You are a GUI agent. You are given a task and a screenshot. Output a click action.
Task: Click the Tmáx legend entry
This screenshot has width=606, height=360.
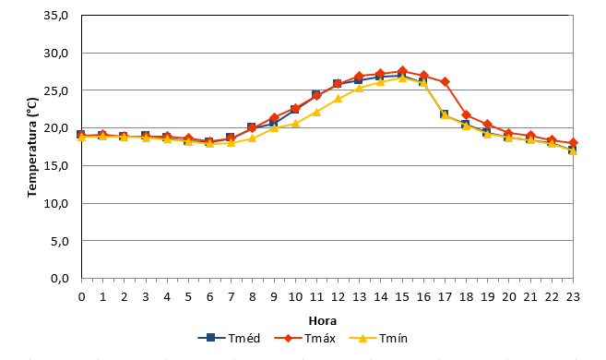point(304,339)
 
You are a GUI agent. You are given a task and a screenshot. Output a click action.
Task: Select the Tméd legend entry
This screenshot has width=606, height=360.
point(229,339)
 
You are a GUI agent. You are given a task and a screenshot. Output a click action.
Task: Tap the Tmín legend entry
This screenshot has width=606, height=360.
point(378,339)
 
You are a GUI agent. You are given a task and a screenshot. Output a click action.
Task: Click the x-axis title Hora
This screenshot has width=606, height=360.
point(322,321)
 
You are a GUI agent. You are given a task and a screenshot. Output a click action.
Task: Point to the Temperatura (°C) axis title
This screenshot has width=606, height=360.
point(32,148)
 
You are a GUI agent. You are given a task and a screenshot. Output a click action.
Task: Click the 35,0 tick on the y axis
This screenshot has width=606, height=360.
point(56,16)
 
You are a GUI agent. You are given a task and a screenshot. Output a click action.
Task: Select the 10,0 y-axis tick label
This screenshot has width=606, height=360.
point(56,203)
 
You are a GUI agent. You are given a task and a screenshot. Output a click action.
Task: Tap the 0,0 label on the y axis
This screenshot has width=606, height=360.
point(60,279)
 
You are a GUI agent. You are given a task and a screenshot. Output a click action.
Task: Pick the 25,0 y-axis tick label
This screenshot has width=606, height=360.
point(56,90)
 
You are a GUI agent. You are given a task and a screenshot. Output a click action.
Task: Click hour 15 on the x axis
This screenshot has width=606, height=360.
point(402,297)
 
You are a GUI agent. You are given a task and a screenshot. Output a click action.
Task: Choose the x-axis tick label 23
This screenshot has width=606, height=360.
point(573,297)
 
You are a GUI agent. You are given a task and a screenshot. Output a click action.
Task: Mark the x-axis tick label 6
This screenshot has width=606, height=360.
point(210,297)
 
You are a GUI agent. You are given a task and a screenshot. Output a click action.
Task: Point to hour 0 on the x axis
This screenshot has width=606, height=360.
point(81,297)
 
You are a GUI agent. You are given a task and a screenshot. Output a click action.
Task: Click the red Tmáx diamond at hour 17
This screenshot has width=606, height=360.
point(445,81)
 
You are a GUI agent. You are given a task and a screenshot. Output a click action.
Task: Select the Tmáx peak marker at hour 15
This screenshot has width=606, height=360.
point(402,71)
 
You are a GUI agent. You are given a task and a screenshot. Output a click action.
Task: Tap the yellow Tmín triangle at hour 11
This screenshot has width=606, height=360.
point(316,112)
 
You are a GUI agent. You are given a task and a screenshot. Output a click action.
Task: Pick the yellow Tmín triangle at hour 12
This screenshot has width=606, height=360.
point(338,98)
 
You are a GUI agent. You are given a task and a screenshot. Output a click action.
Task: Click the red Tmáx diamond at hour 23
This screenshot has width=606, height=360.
point(573,143)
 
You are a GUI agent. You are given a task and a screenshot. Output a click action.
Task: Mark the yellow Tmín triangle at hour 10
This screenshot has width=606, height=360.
point(295,124)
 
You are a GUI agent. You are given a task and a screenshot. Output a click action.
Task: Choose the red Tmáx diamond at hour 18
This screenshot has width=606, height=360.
point(466,114)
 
